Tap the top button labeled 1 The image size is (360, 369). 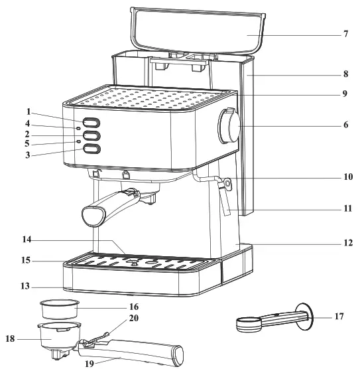point(92,123)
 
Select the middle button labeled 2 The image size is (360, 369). point(92,136)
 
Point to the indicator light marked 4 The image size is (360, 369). point(78,129)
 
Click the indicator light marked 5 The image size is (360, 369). point(78,142)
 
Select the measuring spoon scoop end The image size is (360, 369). point(247,323)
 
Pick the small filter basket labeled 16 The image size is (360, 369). point(60,309)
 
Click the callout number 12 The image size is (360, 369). point(346,244)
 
